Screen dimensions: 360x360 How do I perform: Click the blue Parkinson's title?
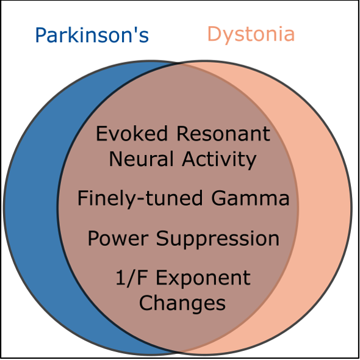click(x=92, y=35)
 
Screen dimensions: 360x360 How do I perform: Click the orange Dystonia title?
click(x=251, y=34)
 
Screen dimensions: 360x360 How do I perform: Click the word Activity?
click(x=219, y=159)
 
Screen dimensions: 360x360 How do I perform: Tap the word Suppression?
click(x=215, y=239)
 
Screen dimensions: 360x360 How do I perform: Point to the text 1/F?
click(x=129, y=278)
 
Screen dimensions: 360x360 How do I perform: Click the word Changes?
click(x=182, y=303)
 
